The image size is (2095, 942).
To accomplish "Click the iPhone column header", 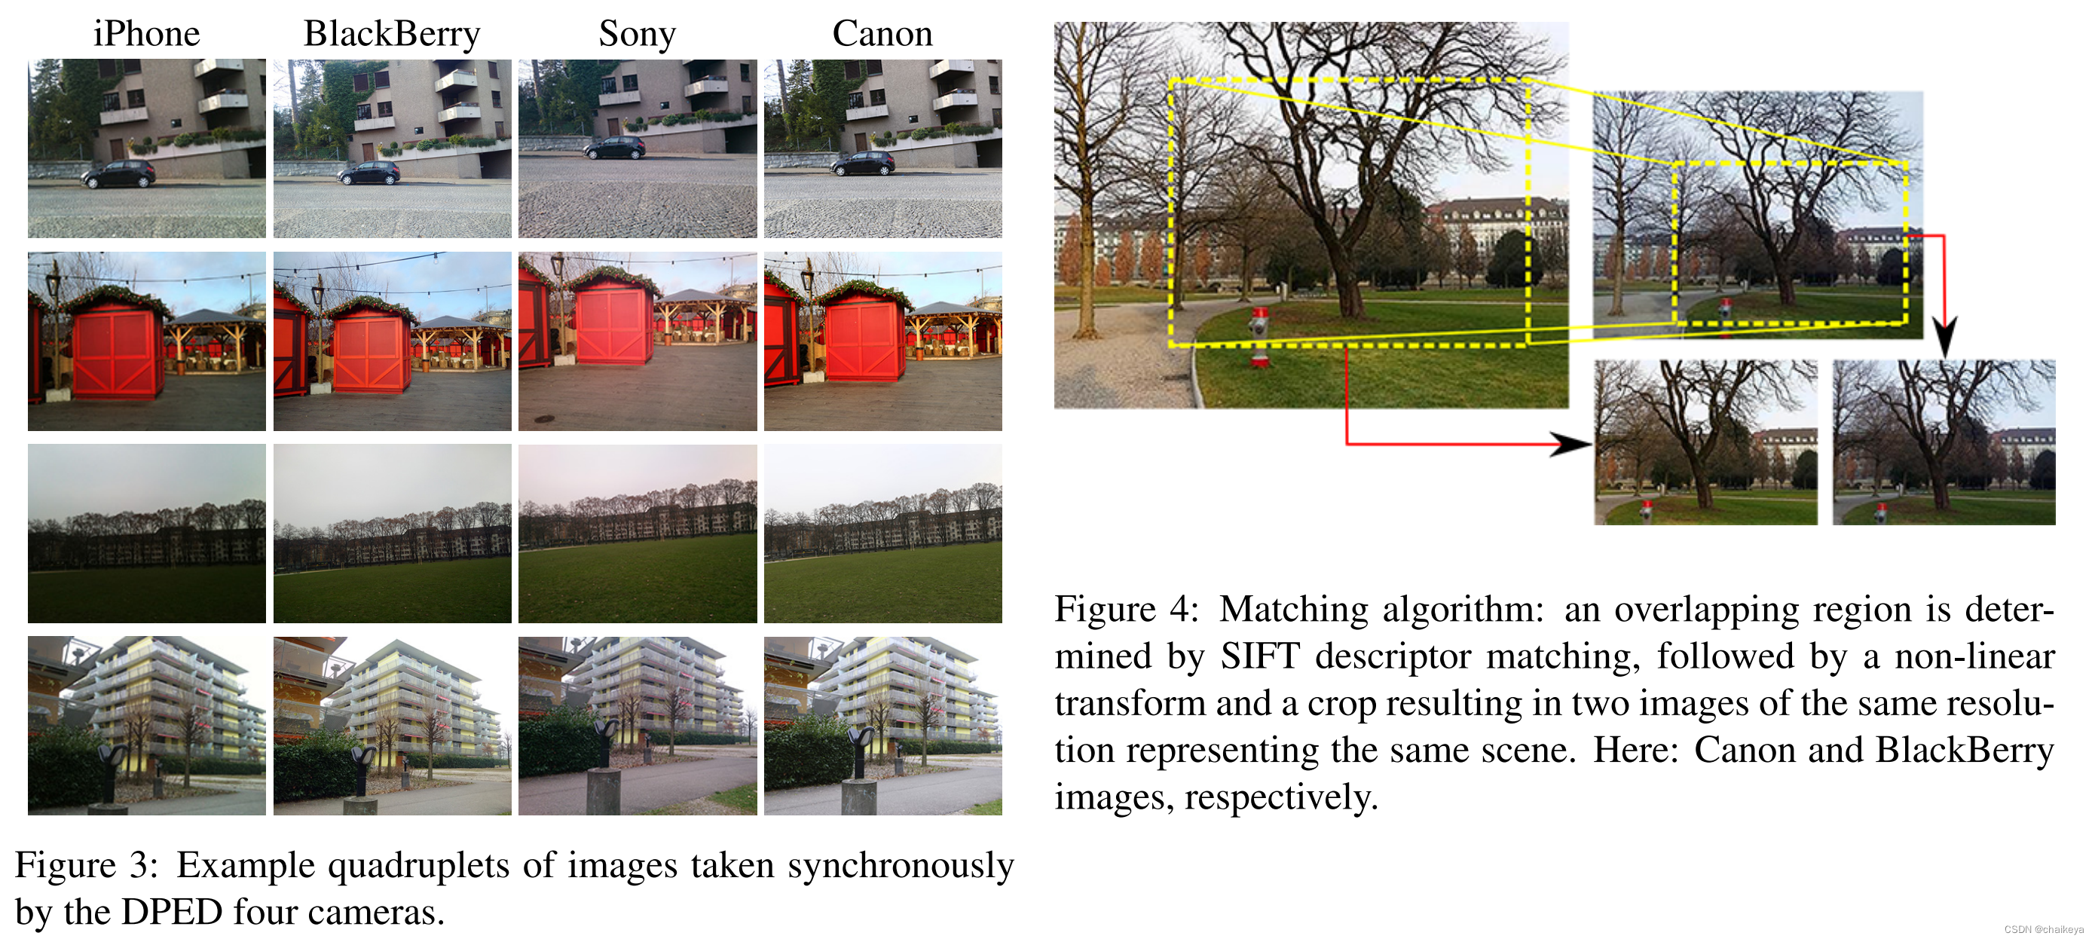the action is (146, 34).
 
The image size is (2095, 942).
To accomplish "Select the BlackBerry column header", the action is (391, 34).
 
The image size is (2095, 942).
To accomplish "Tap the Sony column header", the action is (637, 34).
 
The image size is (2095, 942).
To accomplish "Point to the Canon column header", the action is (882, 34).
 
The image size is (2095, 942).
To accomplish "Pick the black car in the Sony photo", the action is (615, 147).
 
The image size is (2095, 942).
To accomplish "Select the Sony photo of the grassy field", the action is (638, 534).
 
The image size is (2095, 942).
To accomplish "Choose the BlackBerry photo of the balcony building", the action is (392, 726).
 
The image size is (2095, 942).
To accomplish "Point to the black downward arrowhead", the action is (1944, 337).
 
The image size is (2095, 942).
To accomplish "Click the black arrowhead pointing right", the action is (1570, 444).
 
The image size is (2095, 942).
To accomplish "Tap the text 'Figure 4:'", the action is (1127, 610).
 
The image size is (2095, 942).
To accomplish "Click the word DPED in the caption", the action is (172, 913).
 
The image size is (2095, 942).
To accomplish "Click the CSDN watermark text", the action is (2043, 929).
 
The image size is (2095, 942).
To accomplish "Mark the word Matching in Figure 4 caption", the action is (1293, 610).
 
